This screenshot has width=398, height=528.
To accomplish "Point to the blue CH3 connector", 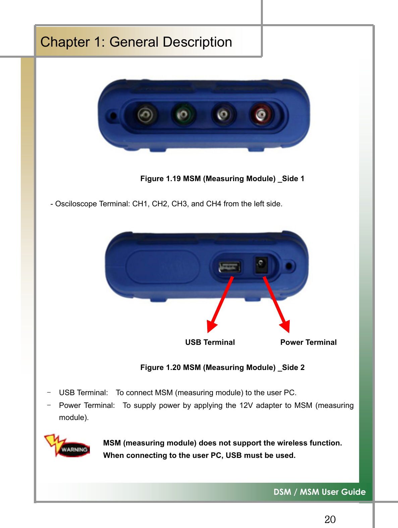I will (x=223, y=115).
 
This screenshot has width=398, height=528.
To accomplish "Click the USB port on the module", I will (x=229, y=267).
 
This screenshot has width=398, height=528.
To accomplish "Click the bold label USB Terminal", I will (x=210, y=342).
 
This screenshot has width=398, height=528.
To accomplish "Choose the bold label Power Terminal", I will (x=308, y=342).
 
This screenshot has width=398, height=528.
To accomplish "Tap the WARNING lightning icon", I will (x=67, y=446).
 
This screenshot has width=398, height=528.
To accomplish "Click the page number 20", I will (x=330, y=519).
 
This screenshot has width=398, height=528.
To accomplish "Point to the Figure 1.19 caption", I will (x=222, y=178).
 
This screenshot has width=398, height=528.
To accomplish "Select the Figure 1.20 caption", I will (x=222, y=367).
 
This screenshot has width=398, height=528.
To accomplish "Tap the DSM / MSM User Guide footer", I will (x=320, y=492).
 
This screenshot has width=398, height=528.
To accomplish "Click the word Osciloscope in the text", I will (x=76, y=204).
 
